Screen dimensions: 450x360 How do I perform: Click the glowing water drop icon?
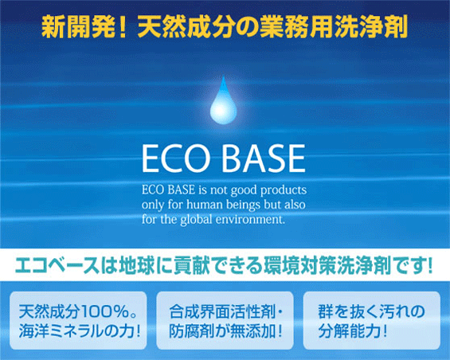[224, 103]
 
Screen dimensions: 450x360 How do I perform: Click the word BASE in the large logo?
[264, 158]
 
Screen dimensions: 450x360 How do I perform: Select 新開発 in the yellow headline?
[76, 26]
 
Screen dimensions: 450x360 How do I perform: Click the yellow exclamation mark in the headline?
[123, 26]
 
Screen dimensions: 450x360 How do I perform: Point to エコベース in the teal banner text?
[57, 265]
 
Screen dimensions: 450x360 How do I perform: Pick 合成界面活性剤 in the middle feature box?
[222, 311]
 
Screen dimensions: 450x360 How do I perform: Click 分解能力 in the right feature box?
[349, 331]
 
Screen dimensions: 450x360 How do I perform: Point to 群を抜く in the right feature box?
[348, 311]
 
